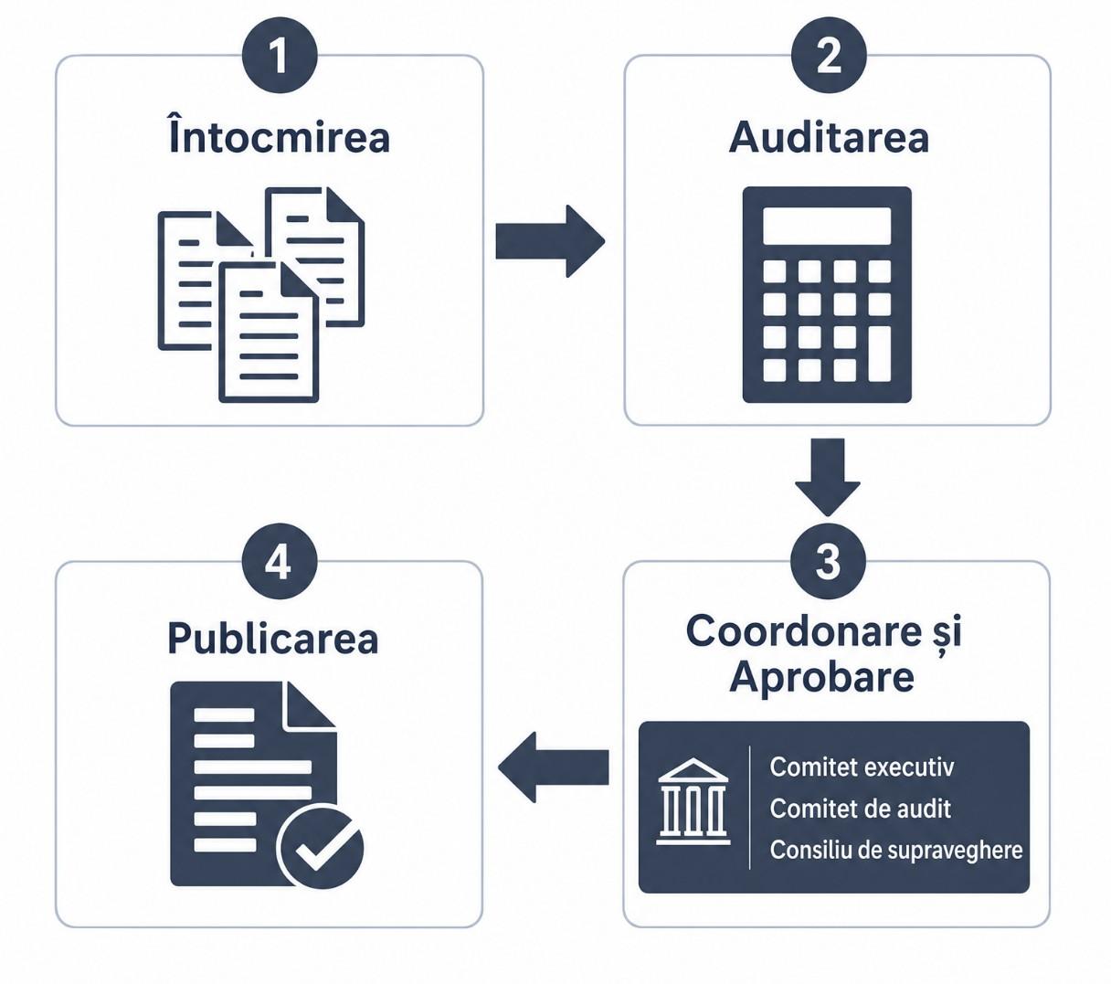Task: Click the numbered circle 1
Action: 280,55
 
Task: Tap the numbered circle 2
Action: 829,55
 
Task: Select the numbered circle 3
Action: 828,561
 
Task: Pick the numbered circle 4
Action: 280,561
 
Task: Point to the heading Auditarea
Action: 829,137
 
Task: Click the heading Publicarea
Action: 273,639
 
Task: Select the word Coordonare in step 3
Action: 804,630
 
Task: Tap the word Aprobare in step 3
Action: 822,678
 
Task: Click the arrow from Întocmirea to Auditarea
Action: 550,241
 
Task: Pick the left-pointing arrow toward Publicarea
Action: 554,767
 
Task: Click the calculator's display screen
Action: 827,226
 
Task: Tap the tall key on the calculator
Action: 880,354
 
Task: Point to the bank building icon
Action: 693,801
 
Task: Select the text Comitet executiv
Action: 862,767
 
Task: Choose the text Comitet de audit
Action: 861,809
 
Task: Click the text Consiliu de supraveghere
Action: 896,851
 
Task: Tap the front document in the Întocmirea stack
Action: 269,332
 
